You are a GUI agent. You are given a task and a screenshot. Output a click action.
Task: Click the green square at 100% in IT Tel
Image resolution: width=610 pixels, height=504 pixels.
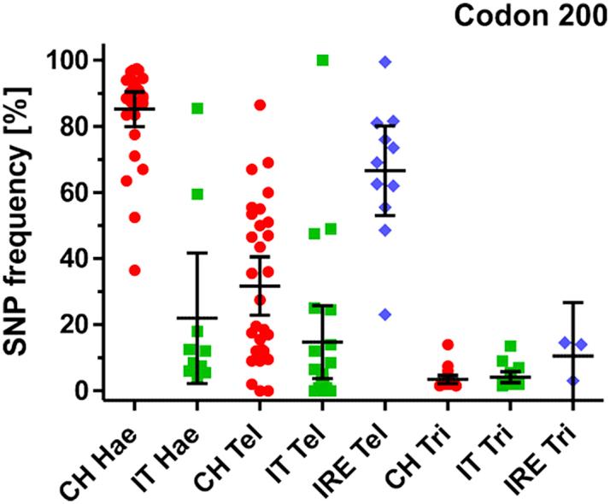tap(322, 60)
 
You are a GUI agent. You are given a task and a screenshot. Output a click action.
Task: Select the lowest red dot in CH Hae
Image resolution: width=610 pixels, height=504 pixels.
tap(134, 270)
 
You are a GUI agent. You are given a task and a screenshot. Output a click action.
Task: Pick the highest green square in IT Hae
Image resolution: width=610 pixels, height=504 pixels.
tap(197, 108)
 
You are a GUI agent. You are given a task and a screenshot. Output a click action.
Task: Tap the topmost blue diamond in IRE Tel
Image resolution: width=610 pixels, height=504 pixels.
tap(385, 62)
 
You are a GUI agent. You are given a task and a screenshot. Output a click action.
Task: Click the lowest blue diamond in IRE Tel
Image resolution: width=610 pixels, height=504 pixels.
tap(385, 314)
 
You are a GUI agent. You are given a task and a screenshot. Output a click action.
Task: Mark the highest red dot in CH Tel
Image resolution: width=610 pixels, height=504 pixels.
tap(260, 105)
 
